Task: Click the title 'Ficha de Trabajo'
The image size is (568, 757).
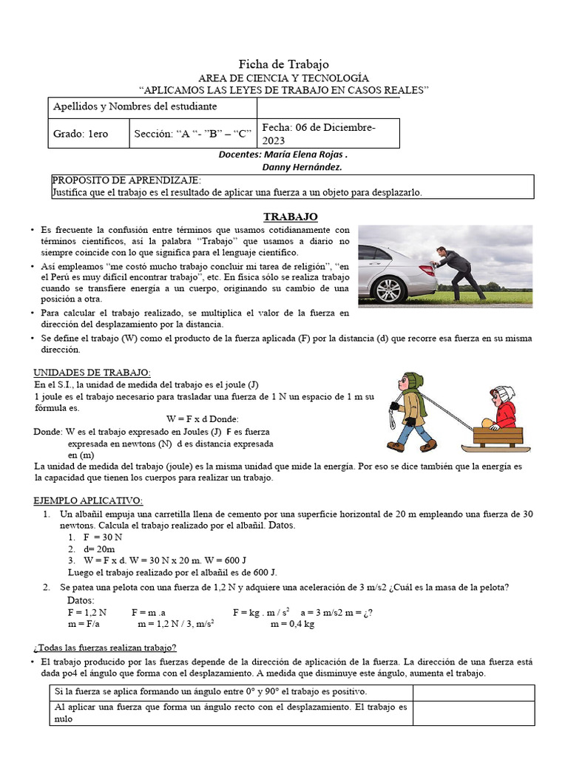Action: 283,64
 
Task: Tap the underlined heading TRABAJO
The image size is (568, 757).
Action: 291,217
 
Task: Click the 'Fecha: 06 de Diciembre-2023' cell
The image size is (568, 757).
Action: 328,134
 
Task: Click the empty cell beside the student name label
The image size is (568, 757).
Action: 328,108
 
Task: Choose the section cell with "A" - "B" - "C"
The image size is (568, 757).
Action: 192,134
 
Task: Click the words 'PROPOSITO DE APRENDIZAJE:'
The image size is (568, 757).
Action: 126,181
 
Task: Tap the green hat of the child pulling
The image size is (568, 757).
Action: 413,381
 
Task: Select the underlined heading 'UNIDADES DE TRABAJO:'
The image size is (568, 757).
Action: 92,372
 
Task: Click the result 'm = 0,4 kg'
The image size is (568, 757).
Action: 292,624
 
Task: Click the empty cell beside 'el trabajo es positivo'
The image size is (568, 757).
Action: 473,693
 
